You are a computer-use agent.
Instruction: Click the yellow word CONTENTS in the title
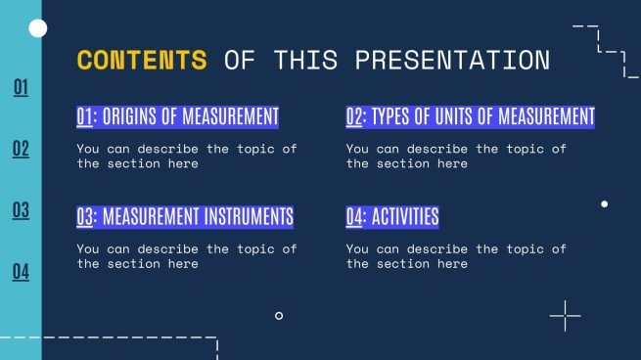tap(142, 61)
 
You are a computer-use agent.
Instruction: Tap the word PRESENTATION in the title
tap(451, 61)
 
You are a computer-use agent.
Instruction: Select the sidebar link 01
tap(21, 89)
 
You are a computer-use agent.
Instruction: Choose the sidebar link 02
tap(21, 150)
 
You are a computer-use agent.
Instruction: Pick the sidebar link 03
tap(21, 210)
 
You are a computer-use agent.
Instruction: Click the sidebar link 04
tap(21, 272)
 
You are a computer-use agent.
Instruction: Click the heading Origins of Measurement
tap(177, 117)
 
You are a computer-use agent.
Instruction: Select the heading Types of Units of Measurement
tap(470, 117)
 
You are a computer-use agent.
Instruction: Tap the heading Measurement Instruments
tap(185, 217)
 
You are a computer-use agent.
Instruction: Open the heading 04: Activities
tap(391, 217)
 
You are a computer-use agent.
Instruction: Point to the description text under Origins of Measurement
tap(186, 157)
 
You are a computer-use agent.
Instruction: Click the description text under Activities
tap(455, 256)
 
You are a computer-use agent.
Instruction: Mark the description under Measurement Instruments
tap(186, 256)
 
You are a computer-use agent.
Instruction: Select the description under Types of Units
tap(455, 157)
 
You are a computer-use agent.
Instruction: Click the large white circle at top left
tap(39, 29)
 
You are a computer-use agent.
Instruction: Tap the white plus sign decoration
tap(565, 316)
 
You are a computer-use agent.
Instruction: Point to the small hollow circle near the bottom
tap(279, 316)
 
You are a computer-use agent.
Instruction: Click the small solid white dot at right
tap(604, 203)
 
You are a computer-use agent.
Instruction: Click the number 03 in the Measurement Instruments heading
tap(85, 217)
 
